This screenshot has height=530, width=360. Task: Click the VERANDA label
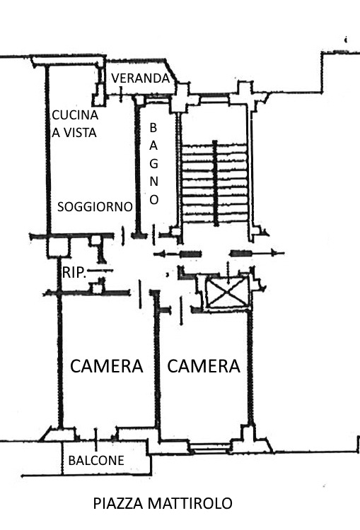coord(141,78)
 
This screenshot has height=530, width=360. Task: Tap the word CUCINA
coord(75,115)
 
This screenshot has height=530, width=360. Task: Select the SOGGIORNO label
coord(95,206)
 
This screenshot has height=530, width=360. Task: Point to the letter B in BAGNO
coord(153,128)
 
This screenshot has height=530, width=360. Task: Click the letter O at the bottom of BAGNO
coord(154,199)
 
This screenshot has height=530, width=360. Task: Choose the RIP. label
coord(74,273)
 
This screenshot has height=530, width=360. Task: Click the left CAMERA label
coord(107,366)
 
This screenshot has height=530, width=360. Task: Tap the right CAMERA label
coord(204,366)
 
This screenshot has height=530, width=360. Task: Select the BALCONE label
coord(96,460)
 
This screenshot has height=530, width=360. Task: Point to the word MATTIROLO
coord(190,503)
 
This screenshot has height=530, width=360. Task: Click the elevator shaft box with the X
coord(227,292)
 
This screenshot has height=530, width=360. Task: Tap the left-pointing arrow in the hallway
coord(178,254)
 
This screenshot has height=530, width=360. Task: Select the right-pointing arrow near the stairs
coord(257,253)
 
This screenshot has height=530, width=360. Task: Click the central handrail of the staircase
coord(215,183)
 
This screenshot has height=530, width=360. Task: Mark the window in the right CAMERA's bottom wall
coord(210,447)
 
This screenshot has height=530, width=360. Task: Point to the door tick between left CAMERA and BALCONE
coord(96,440)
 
